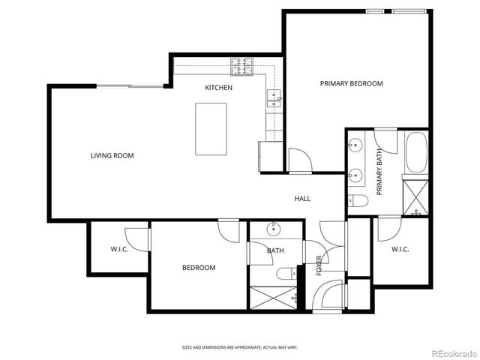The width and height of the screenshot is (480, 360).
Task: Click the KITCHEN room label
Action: (219, 88)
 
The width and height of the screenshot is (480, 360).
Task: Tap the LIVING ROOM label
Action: (112, 156)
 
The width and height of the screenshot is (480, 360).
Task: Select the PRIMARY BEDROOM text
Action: (351, 83)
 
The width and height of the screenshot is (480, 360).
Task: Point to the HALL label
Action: (302, 199)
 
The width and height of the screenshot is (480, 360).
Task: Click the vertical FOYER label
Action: (319, 265)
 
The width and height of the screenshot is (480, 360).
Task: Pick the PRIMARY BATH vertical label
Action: (379, 172)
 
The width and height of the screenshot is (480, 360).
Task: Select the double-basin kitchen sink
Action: (273, 96)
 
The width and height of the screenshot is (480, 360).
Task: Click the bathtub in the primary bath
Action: (415, 153)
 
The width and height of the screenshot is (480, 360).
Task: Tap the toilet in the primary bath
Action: (357, 200)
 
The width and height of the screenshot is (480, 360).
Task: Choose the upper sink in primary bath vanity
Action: (355, 144)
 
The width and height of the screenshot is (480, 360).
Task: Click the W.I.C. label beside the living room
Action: (119, 250)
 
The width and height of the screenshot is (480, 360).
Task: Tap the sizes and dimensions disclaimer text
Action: (239, 347)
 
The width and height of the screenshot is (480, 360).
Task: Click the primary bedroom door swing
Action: (298, 159)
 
